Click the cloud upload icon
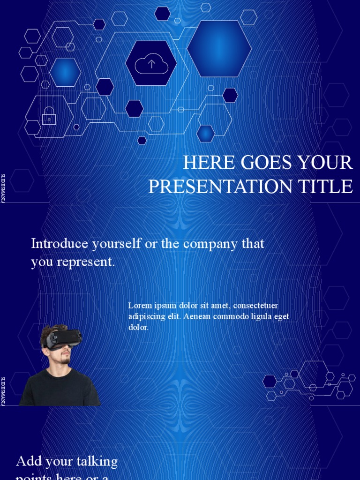coord(151,63)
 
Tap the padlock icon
coord(49,116)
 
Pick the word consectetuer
coord(255,306)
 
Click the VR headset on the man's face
coord(64,338)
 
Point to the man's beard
coord(65,357)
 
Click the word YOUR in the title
coord(328,163)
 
